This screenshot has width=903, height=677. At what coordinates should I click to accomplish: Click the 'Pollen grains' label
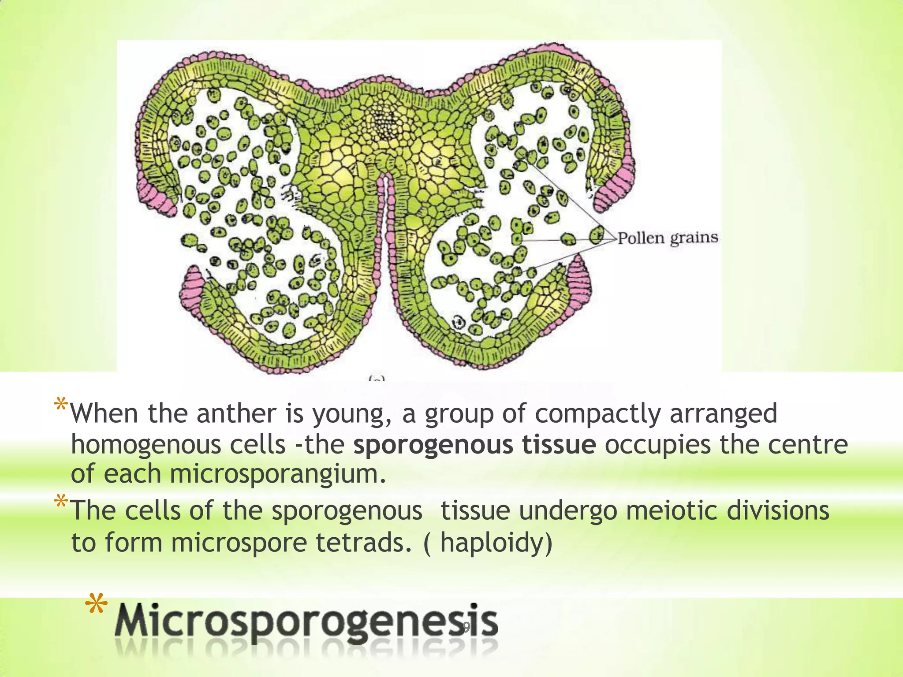[x=667, y=238]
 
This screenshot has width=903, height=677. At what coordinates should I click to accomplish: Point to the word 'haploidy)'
[x=496, y=542]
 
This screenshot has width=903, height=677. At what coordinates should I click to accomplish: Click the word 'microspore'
[x=239, y=542]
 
